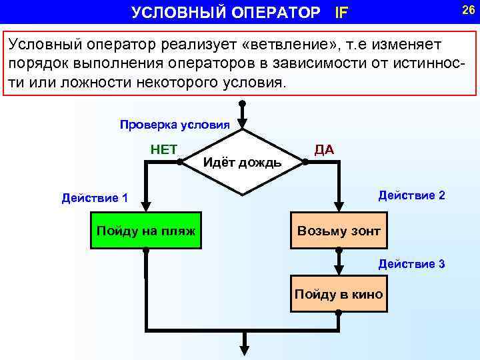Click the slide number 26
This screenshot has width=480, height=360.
[x=467, y=9]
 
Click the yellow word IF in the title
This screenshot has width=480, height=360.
[x=341, y=12]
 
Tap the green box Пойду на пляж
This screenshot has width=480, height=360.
[x=146, y=231]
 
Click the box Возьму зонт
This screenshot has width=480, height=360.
[x=339, y=231]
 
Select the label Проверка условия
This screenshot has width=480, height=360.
[x=175, y=125]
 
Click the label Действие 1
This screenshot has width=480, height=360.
[x=95, y=197]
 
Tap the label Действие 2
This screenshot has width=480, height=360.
[x=411, y=195]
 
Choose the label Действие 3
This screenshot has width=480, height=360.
[x=411, y=264]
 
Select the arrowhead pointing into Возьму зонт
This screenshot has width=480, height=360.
[x=339, y=207]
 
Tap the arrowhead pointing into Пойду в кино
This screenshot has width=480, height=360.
[x=339, y=269]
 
